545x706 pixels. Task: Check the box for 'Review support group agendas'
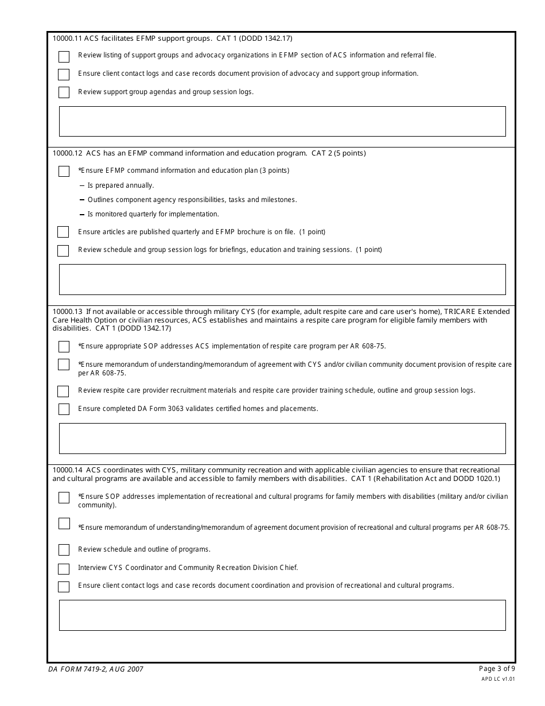pos(64,92)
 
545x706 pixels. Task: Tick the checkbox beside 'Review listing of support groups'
pos(64,56)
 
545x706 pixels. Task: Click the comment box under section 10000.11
pos(282,121)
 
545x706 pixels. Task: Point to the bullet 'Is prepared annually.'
pos(120,185)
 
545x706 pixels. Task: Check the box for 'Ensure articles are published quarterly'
pos(63,232)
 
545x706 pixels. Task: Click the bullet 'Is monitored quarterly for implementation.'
pos(153,214)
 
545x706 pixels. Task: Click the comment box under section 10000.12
pos(282,280)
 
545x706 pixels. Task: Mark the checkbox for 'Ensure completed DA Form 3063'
pos(64,409)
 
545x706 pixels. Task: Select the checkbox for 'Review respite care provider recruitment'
pos(63,391)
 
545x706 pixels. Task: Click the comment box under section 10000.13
pos(282,439)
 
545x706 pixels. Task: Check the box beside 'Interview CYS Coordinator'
pos(64,568)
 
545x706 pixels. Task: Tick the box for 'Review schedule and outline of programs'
pos(64,550)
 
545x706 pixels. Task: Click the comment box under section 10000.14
pos(282,615)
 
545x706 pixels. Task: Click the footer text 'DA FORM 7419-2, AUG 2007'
pos(96,669)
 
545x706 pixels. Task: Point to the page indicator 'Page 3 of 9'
pos(497,668)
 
